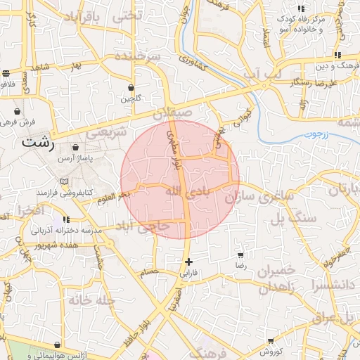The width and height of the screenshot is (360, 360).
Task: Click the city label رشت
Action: pyautogui.click(x=38, y=141)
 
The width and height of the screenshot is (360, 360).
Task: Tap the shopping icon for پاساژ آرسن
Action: pyautogui.click(x=75, y=148)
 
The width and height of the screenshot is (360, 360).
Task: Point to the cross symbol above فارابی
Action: pyautogui.click(x=188, y=262)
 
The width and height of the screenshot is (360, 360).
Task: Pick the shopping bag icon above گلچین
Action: pyautogui.click(x=131, y=87)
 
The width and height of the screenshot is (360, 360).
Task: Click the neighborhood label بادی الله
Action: pyautogui.click(x=188, y=191)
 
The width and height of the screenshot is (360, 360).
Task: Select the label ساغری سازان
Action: pyautogui.click(x=258, y=198)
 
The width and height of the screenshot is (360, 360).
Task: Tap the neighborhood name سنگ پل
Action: pyautogui.click(x=298, y=217)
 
